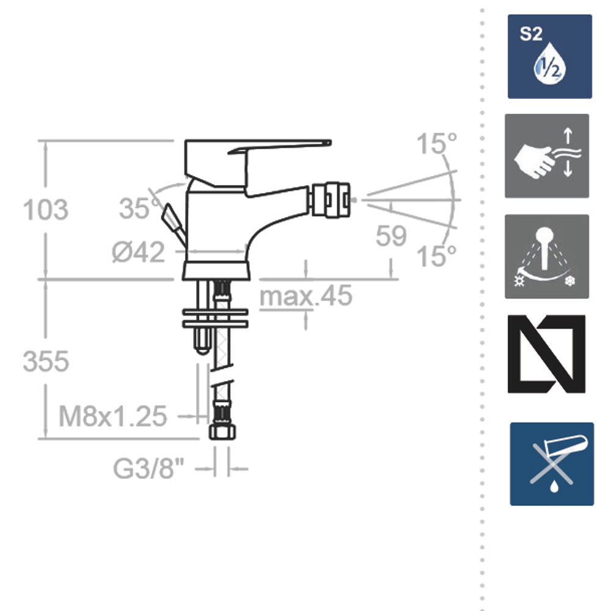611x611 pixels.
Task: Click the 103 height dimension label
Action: [46, 210]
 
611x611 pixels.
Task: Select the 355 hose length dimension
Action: [46, 361]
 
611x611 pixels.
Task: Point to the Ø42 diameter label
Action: [138, 252]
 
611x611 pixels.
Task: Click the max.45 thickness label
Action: [306, 295]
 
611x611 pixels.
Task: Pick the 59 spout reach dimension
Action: [391, 236]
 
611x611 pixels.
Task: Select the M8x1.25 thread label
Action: [112, 416]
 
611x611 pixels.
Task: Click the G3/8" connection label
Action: [148, 468]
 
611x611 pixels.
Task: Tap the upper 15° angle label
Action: [436, 144]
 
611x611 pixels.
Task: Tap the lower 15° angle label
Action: [436, 256]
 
